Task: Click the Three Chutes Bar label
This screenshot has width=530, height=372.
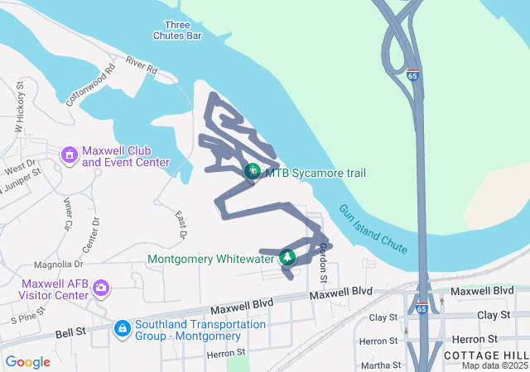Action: tap(177, 30)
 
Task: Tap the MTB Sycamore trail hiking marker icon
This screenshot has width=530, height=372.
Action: tap(253, 172)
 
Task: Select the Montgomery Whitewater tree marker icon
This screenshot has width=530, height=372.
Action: tap(287, 258)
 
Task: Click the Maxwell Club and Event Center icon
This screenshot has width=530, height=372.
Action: tap(70, 155)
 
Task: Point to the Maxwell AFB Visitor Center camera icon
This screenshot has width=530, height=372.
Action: tap(101, 288)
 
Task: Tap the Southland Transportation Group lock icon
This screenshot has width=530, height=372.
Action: tap(122, 329)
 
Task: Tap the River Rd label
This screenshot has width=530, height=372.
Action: tap(142, 64)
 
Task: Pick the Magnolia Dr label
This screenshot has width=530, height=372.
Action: tap(59, 265)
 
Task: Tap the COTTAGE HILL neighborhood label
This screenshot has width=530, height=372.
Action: tap(484, 354)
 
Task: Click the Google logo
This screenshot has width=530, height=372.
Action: tap(27, 362)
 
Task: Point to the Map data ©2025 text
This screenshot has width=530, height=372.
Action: tap(494, 365)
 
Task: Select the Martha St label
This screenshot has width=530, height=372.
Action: tap(382, 365)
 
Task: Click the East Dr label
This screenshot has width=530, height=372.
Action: tap(181, 225)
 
